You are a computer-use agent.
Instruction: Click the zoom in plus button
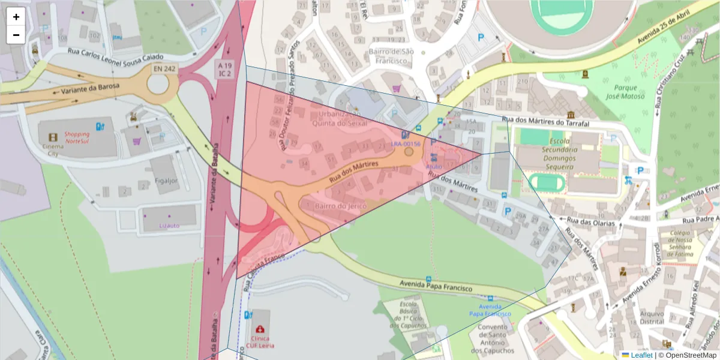point(16,17)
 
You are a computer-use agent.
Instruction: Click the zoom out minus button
point(16,35)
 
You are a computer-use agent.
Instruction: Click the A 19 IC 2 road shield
point(224,69)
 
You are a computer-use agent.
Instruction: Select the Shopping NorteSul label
point(77,138)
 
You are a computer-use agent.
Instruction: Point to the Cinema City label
point(53,149)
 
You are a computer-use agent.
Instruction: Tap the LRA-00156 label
point(406,144)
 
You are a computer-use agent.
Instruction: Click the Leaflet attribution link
point(641,355)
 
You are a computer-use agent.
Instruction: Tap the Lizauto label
point(169,226)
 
